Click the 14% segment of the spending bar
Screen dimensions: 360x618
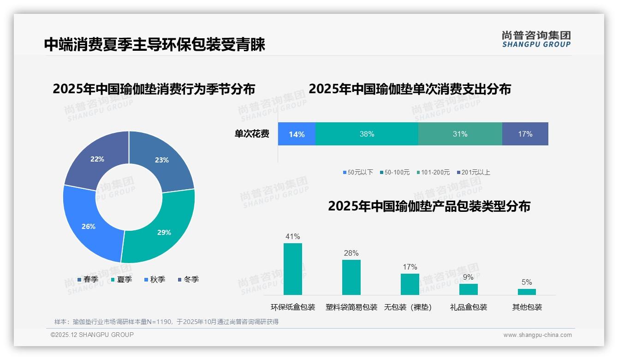tap(297, 134)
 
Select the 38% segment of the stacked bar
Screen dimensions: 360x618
tap(367, 134)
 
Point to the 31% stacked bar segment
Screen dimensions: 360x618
tap(460, 134)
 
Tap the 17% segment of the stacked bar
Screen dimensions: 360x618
tap(525, 134)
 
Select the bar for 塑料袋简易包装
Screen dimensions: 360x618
tap(351, 277)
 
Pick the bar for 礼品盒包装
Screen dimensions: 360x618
tap(468, 289)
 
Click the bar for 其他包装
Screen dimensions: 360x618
tap(527, 292)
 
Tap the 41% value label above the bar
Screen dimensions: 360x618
tap(292, 237)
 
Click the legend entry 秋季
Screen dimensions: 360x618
tap(155, 279)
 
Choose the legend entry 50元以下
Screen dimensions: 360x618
tap(358, 172)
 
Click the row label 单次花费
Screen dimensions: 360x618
tap(252, 134)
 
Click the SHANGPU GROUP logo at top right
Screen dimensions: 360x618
tap(536, 39)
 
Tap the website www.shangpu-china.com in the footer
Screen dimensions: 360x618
tap(537, 335)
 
